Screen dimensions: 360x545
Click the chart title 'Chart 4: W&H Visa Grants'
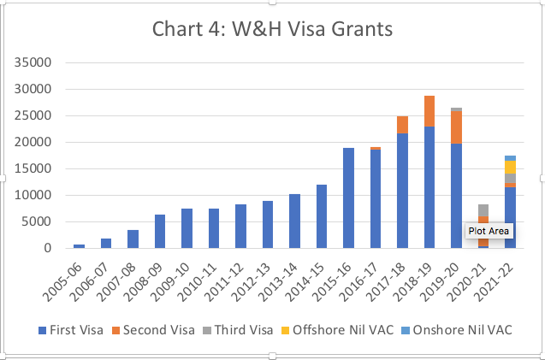pos(272,29)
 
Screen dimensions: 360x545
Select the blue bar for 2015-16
pos(348,198)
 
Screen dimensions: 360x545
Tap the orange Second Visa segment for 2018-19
pos(429,111)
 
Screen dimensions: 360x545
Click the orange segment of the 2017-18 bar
pos(402,125)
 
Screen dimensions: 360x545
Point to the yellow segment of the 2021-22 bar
pos(510,167)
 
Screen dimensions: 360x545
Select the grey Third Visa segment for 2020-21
pos(483,210)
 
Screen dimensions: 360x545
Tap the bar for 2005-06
pos(80,246)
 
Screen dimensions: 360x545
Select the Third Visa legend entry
pos(228,330)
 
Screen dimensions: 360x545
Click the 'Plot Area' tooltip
pos(489,230)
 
